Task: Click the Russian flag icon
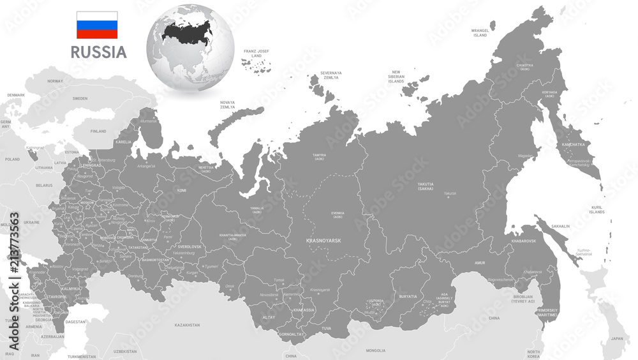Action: point(97,25)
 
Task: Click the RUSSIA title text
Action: point(98,52)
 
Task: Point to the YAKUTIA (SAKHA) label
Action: point(430,187)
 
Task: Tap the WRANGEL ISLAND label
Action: point(479,32)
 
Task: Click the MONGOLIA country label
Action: point(375,350)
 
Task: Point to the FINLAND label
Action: point(98,131)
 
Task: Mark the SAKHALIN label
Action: point(560,226)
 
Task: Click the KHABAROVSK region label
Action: point(523,241)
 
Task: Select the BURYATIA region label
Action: point(408,296)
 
